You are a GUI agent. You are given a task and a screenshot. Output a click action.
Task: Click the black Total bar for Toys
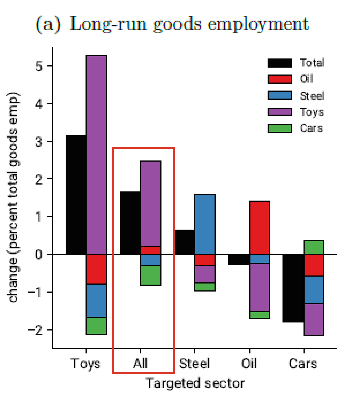(x=76, y=195)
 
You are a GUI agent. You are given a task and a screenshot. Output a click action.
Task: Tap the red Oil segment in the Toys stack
(x=96, y=269)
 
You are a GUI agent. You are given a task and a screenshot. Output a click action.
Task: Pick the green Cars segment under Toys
(x=96, y=326)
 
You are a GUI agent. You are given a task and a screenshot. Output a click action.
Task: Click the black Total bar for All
(x=130, y=223)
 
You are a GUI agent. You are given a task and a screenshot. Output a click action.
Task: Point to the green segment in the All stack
(x=150, y=275)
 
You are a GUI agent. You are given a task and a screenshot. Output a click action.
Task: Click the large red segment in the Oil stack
(x=259, y=228)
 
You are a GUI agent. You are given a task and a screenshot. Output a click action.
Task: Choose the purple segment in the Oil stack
(x=259, y=287)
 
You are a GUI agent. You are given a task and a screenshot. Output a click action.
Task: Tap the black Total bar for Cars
(x=293, y=288)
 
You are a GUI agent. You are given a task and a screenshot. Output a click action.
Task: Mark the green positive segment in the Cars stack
(x=313, y=247)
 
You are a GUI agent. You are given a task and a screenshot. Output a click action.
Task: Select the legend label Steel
(x=312, y=96)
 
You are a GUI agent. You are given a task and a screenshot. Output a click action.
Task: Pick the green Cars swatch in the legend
(x=279, y=128)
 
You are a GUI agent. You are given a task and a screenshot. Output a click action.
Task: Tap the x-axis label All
(x=140, y=363)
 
